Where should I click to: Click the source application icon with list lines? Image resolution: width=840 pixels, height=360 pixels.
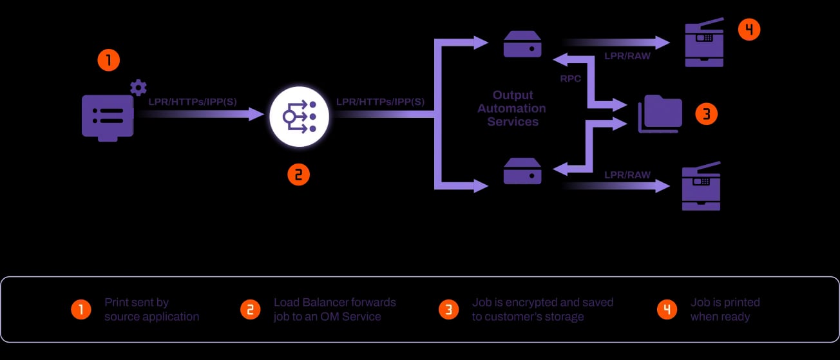tap(108, 116)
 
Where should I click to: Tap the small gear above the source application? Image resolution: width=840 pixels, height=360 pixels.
tap(138, 88)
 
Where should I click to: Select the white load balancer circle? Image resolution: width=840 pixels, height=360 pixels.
tap(299, 117)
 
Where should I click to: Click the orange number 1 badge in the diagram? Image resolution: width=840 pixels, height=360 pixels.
tap(108, 61)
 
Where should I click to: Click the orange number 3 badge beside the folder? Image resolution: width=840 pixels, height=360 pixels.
tap(706, 115)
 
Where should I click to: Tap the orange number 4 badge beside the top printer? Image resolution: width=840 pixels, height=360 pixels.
tap(749, 30)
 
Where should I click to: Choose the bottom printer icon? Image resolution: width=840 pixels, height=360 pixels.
tap(702, 187)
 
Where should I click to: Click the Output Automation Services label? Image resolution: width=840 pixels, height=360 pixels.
tap(511, 108)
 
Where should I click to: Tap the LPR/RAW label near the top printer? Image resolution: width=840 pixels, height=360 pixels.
tap(627, 56)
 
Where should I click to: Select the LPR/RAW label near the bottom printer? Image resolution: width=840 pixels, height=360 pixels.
tap(627, 175)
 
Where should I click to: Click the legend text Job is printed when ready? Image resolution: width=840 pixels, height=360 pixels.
tap(725, 309)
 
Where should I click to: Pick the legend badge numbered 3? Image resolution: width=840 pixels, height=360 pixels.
tap(448, 310)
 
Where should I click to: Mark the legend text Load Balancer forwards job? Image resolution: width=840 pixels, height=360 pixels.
tap(334, 309)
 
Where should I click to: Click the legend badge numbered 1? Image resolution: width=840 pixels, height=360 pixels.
tap(81, 310)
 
